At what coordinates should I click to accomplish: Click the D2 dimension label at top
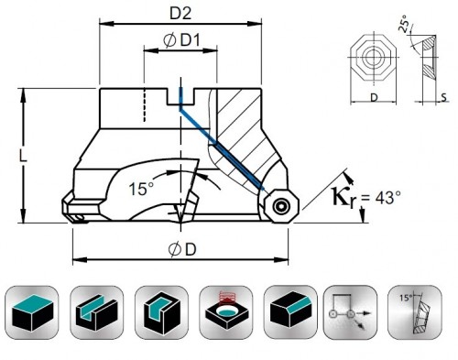[180, 13]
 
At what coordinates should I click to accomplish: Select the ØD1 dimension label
[181, 40]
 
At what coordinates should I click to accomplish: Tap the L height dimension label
[23, 156]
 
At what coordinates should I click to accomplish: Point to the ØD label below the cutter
[182, 249]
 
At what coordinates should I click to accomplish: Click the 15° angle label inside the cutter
[142, 188]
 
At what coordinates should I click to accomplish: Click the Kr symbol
[343, 198]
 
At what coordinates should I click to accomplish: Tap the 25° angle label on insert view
[404, 24]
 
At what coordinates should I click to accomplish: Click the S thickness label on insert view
[444, 97]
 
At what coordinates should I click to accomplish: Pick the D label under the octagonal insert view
[374, 98]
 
